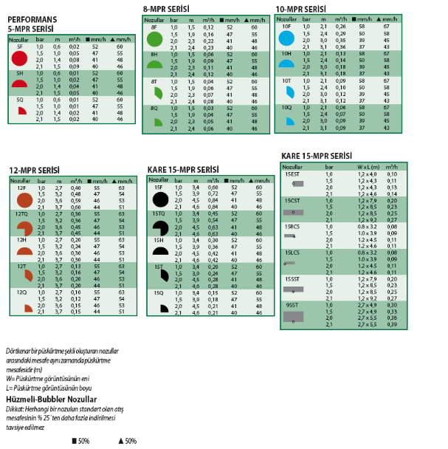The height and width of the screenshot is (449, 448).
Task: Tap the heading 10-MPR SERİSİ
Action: tap(300, 9)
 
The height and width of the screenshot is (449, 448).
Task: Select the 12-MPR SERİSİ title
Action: tap(35, 170)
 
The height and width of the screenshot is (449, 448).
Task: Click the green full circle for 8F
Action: tap(155, 38)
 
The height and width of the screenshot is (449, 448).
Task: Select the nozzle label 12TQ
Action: tap(23, 213)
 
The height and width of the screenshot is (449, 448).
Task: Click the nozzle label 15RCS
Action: tap(293, 226)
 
